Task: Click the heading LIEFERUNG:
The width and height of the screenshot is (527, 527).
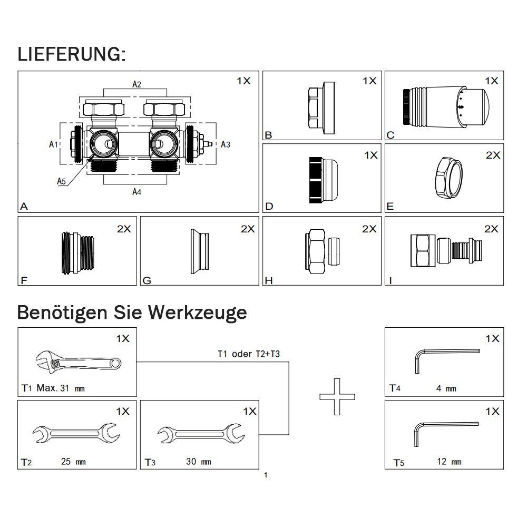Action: [x=71, y=54]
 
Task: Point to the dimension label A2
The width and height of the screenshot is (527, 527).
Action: [x=136, y=84]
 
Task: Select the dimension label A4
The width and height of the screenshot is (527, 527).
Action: [x=136, y=192]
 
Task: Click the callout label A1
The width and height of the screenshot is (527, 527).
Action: [x=53, y=144]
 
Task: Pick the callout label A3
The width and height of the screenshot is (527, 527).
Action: [x=225, y=144]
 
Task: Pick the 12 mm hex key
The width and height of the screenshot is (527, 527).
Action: [x=444, y=431]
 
